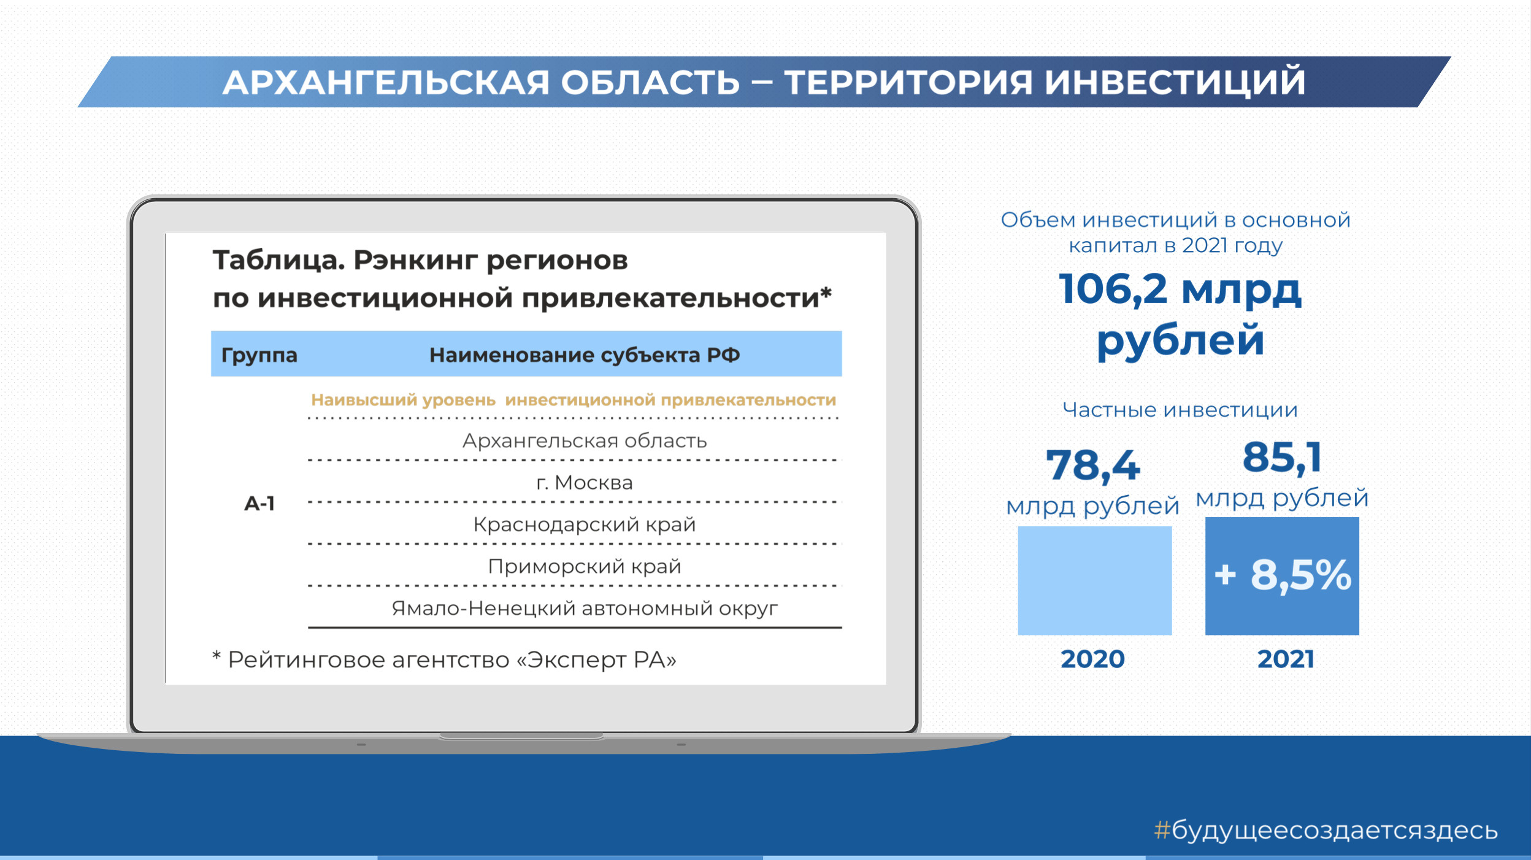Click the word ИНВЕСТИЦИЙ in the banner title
click(x=1175, y=82)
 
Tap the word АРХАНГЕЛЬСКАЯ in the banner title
click(x=385, y=82)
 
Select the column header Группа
click(x=259, y=355)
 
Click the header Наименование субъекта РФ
click(x=585, y=355)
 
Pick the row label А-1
click(x=259, y=504)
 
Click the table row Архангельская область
click(x=585, y=440)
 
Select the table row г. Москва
click(x=585, y=483)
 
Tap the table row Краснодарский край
click(x=585, y=524)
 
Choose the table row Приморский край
click(x=585, y=566)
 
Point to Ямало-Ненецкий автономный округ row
click(x=585, y=609)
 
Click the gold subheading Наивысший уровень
click(x=403, y=400)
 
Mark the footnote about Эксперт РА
click(x=445, y=660)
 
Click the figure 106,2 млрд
click(x=1180, y=289)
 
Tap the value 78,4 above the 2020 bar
click(x=1093, y=465)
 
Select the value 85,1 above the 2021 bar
click(x=1282, y=457)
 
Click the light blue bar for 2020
click(x=1095, y=580)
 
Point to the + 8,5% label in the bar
click(x=1283, y=575)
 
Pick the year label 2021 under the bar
click(x=1286, y=659)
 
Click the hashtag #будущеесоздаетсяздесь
click(x=1326, y=831)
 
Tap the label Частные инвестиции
click(x=1180, y=410)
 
